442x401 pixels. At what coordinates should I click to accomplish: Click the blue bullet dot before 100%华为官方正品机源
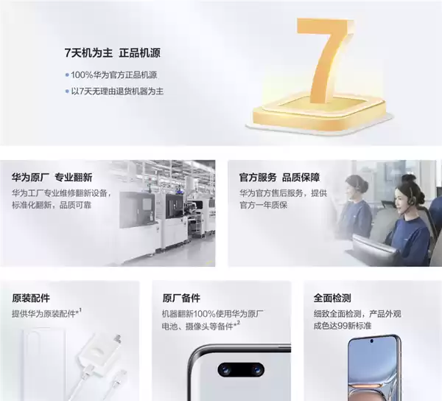(x=66, y=74)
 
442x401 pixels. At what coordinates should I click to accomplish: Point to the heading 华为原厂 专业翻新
(x=52, y=178)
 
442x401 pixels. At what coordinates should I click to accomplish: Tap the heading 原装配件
(x=31, y=298)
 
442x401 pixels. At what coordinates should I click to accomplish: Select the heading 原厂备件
(x=181, y=298)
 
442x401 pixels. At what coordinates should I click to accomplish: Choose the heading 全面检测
(x=332, y=298)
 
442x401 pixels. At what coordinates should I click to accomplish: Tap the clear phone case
(x=46, y=358)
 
